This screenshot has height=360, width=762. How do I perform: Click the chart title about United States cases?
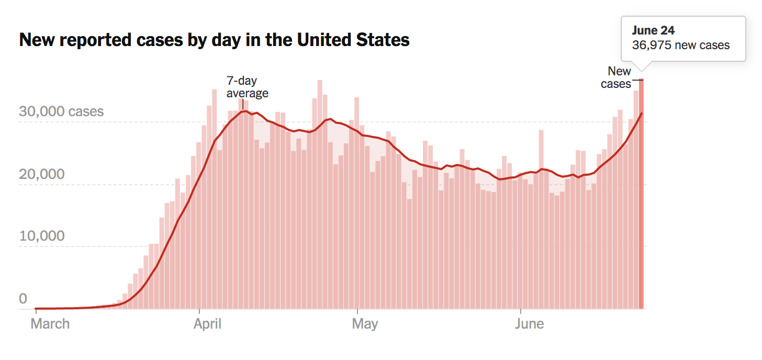point(214,40)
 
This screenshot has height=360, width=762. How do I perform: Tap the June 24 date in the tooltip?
point(653,31)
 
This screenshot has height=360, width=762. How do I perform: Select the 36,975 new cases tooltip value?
point(680,45)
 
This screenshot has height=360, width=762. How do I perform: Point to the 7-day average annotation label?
point(246,87)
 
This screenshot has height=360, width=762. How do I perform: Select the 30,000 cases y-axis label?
point(61,111)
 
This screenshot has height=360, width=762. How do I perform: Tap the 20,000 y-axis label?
point(42,174)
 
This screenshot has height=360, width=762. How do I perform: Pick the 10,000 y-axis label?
point(42,236)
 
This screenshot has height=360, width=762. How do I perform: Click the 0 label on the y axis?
point(23,299)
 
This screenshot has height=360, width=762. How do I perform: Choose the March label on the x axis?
point(50,324)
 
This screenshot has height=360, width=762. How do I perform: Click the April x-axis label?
point(207,324)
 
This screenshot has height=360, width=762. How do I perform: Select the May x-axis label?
point(365,324)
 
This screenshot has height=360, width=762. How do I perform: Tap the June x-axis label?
point(529,324)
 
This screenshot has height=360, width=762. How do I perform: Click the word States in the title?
point(379,40)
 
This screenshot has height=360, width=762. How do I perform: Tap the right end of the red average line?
point(642,114)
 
